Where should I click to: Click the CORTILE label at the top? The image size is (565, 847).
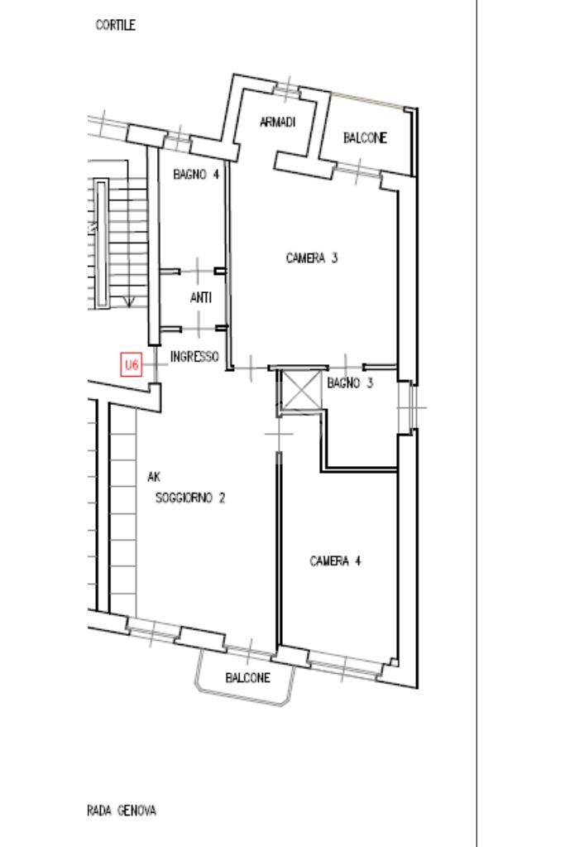coord(115,25)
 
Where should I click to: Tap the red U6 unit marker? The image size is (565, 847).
coord(132,364)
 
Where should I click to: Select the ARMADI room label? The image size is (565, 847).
coord(277,122)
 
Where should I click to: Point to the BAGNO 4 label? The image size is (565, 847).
coord(196,175)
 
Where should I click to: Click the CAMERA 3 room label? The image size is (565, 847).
coord(311,258)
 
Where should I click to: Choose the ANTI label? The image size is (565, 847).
coord(201,297)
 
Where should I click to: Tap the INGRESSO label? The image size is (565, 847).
coord(194,357)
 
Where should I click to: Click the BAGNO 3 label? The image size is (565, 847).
coord(350,383)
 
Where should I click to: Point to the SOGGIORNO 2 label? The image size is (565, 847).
coord(190,498)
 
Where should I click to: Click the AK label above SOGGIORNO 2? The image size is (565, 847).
coord(154,477)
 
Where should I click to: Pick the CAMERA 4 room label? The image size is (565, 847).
coord(335,561)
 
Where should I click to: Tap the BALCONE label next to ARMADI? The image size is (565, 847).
coord(365,137)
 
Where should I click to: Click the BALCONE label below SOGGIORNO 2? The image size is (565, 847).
coord(247,677)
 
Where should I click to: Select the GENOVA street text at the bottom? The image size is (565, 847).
coord(137,811)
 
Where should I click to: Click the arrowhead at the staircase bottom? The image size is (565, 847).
coord(129,301)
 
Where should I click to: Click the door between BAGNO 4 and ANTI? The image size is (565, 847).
coord(197,272)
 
